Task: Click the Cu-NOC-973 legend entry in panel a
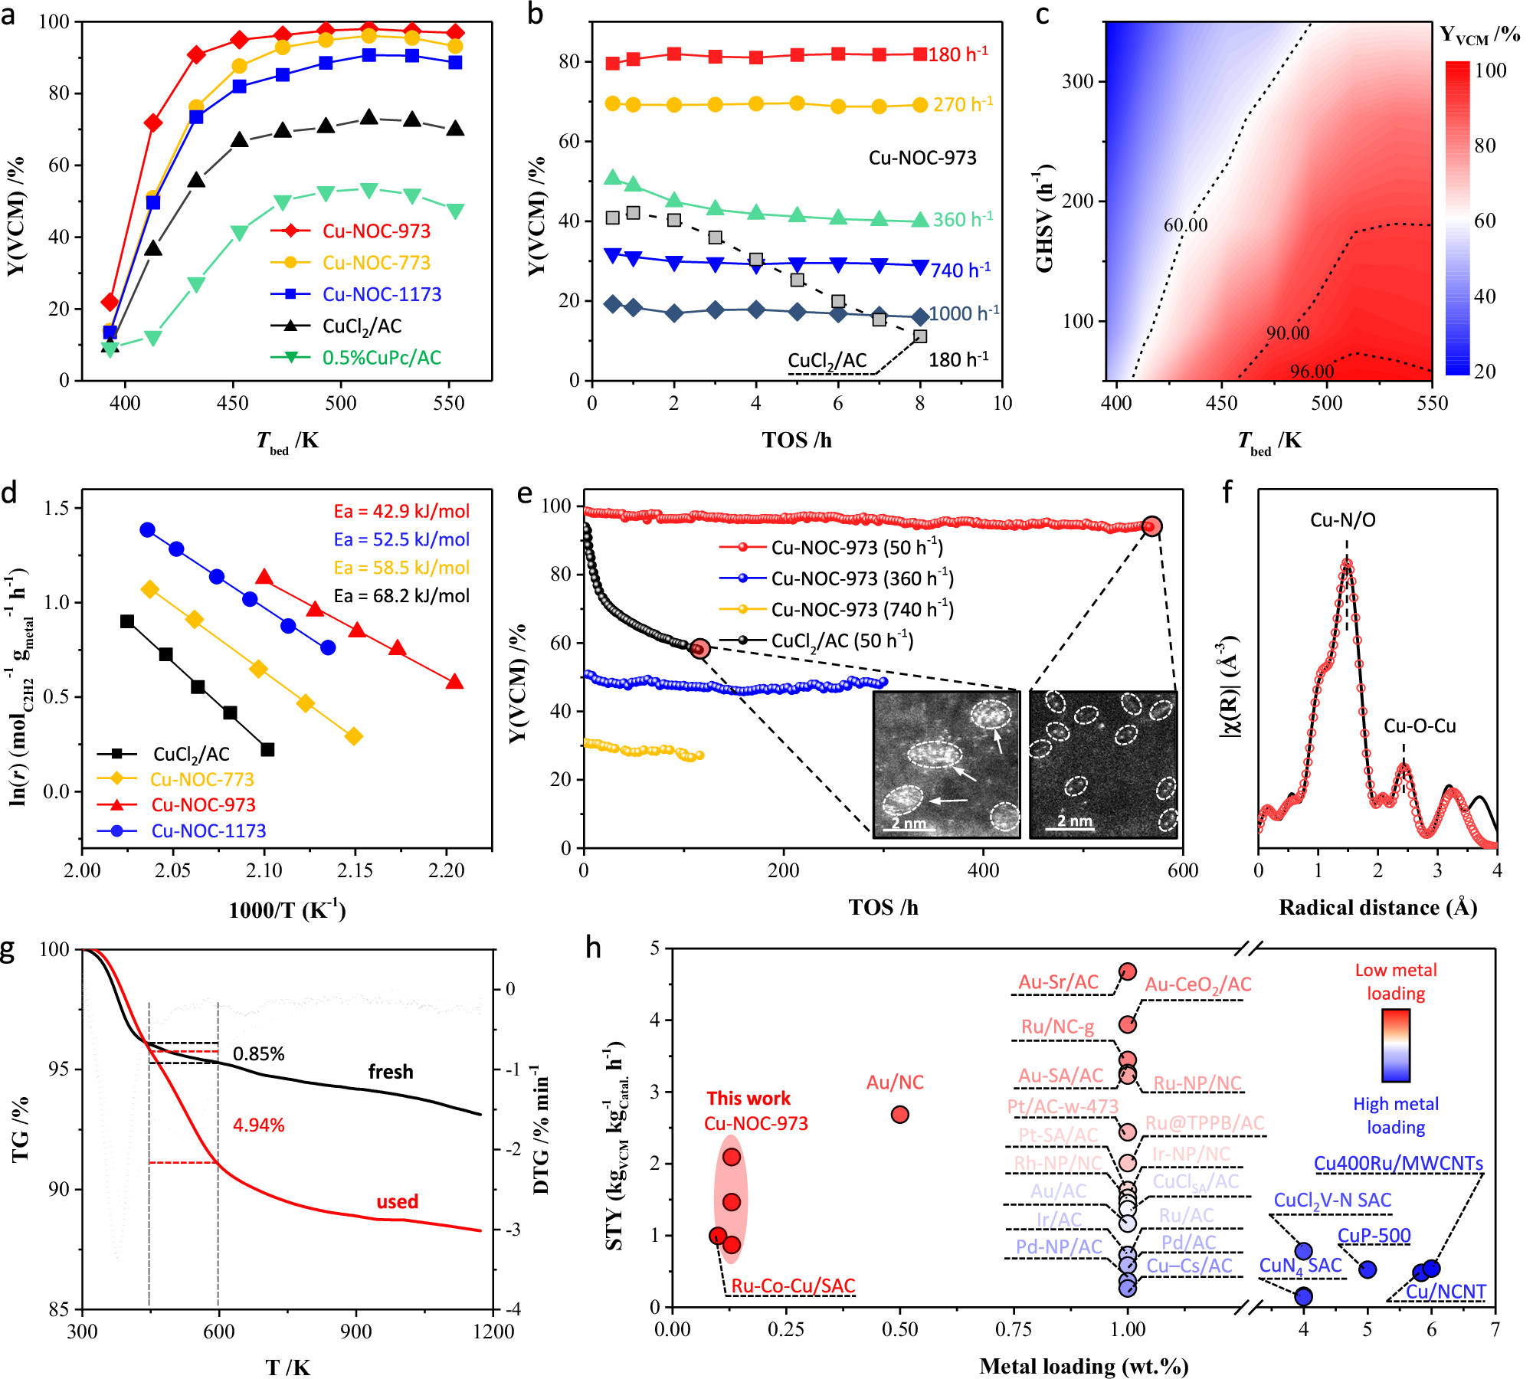pos(376,231)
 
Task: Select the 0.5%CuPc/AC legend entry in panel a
pos(382,358)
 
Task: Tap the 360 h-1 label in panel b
pos(962,219)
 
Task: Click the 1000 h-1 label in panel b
pos(964,313)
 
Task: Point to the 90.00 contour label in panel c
pos(1287,333)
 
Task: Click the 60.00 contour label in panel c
pos(1185,225)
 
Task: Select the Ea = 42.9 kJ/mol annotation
pos(401,511)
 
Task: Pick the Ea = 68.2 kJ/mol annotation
pos(401,596)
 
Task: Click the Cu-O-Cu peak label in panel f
pos(1419,726)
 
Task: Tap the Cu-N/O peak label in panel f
pos(1342,520)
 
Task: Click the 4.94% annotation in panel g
pos(258,1125)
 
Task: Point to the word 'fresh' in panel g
pos(390,1071)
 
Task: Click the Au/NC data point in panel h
pos(899,1114)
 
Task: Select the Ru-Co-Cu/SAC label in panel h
pos(793,1286)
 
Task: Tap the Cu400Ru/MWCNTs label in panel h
pos(1398,1163)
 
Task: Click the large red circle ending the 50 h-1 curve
pos(1151,526)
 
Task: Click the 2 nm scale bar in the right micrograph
pos(1074,822)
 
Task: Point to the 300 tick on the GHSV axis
pos(1077,81)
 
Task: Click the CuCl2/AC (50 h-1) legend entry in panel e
pos(842,640)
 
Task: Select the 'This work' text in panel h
pos(748,1098)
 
